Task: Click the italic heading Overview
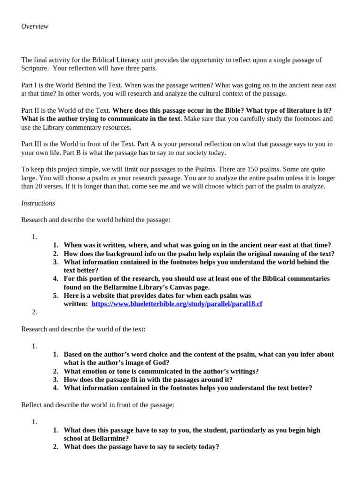pyautogui.click(x=35, y=26)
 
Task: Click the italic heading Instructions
pyautogui.click(x=38, y=203)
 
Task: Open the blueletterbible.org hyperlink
pyautogui.click(x=177, y=304)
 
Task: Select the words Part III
pyautogui.click(x=32, y=144)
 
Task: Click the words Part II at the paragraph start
pyautogui.click(x=31, y=110)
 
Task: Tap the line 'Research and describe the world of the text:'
pyautogui.click(x=83, y=329)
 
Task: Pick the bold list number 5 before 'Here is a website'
pyautogui.click(x=55, y=295)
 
